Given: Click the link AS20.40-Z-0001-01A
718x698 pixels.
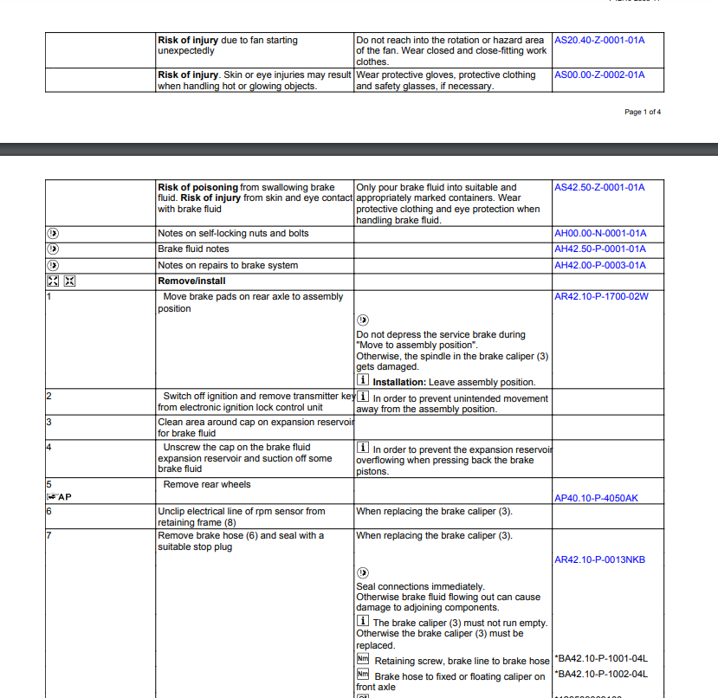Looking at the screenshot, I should coord(599,40).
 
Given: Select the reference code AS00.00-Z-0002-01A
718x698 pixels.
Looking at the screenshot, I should coord(599,74).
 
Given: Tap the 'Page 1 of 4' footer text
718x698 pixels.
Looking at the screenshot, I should coord(642,112).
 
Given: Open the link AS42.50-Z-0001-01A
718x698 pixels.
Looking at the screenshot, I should coord(599,187).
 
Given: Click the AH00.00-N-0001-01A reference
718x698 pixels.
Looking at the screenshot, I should coord(599,234).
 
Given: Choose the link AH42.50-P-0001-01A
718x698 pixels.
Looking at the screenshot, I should coord(599,249).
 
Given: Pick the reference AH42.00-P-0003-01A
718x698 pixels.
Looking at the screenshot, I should coord(599,265).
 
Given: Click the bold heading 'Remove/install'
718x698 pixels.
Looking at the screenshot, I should coord(191,281).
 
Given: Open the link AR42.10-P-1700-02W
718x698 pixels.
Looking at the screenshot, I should coord(601,296).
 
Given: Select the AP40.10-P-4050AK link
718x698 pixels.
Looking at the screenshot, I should coord(597,498).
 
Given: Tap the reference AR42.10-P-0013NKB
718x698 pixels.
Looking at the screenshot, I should coord(599,559).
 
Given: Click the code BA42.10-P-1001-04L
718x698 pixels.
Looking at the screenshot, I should coord(601,659).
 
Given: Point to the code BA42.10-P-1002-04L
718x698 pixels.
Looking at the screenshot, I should coord(601,675).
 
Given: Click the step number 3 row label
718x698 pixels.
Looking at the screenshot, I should coord(49,422).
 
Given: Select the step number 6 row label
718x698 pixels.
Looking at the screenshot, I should coord(49,511).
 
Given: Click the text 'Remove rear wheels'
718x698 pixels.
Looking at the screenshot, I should coord(207,484).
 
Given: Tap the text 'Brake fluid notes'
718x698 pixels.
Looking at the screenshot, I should coord(193,249).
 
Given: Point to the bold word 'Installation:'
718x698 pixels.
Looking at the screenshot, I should coord(399,382).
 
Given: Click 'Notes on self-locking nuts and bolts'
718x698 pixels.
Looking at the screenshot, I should coord(233,234).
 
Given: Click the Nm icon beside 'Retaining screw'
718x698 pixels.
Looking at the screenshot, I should coord(363,660).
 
